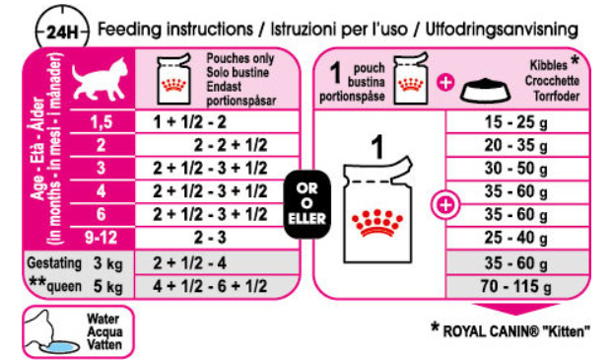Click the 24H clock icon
[x=62, y=32]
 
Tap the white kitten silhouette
[x=100, y=79]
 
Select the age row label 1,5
[x=102, y=122]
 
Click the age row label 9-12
[x=102, y=238]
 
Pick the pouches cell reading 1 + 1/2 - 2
[x=189, y=122]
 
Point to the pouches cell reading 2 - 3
[x=210, y=238]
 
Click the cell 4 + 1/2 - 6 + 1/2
[x=210, y=286]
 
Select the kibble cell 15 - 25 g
[x=516, y=122]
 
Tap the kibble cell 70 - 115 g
[x=516, y=286]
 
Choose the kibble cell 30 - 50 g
[x=516, y=169]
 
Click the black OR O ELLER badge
[x=306, y=204]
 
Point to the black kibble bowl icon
[x=486, y=91]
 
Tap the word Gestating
[x=54, y=263]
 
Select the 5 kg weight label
[x=108, y=287]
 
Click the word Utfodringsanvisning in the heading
[x=502, y=30]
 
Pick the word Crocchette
[x=552, y=81]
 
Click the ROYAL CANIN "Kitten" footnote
[x=510, y=330]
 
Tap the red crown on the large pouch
[x=376, y=223]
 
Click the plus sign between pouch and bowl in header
[x=445, y=83]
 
